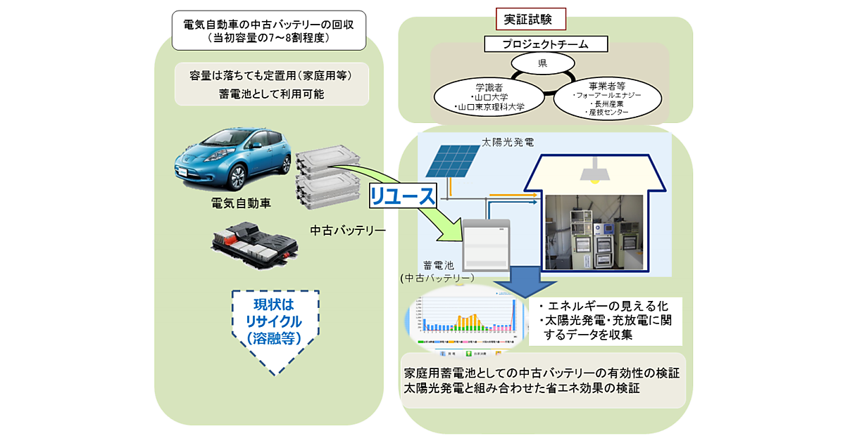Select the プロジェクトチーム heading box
(x=546, y=44)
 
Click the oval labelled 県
(x=542, y=63)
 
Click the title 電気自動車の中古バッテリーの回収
(x=268, y=24)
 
